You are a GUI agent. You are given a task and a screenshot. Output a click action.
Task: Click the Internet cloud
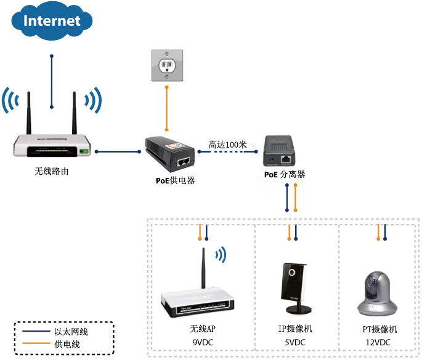(x=52, y=21)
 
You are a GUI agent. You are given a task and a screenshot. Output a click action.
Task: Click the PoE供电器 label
(x=176, y=181)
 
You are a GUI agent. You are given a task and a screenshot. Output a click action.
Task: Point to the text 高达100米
(x=227, y=145)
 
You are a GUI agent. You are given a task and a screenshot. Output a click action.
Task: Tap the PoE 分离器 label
(x=285, y=175)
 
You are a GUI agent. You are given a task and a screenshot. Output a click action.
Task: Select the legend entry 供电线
(x=67, y=344)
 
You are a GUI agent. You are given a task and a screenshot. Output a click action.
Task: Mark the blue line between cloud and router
(x=52, y=80)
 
